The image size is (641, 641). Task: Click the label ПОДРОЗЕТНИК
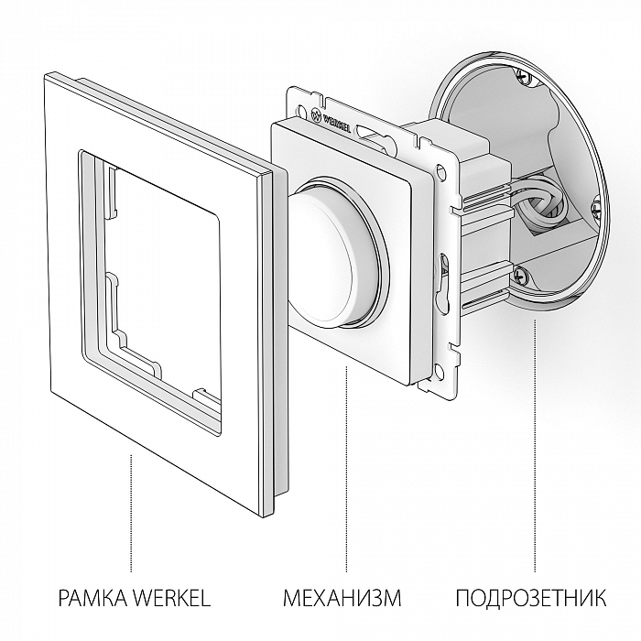coord(529,600)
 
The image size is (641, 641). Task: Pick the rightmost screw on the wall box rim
coord(597,210)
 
